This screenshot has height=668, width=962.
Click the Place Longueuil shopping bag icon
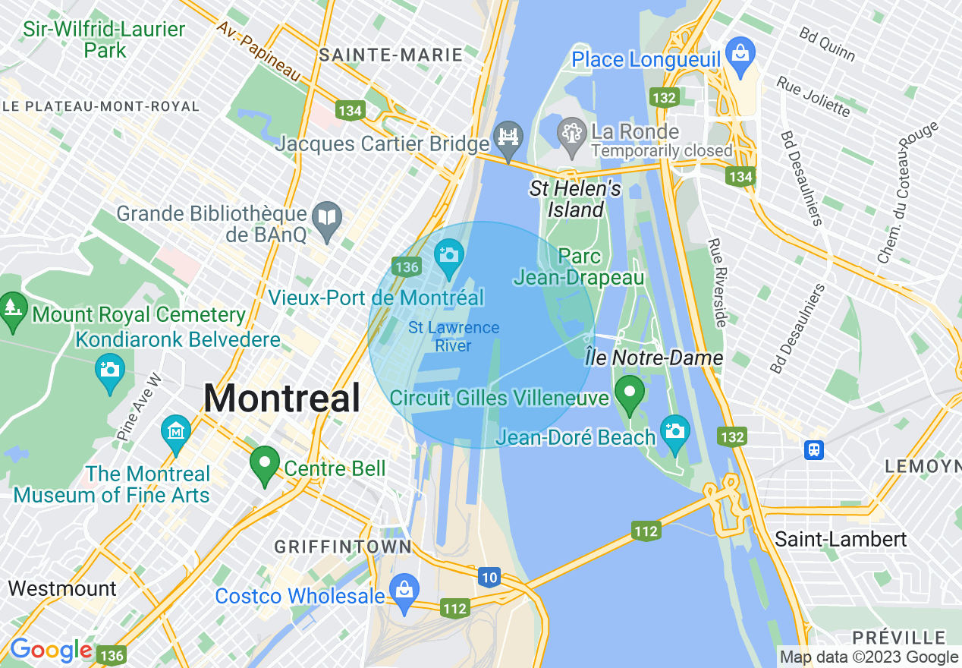coord(739,53)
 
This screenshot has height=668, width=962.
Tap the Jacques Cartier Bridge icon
coord(508,137)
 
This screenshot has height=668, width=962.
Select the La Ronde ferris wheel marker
coord(570,132)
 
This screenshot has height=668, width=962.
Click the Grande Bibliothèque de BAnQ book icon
coord(327,218)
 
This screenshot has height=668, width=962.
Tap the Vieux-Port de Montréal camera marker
coord(448,255)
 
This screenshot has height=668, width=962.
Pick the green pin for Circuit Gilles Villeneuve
coord(629,392)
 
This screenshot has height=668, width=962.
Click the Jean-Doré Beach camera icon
coord(674,431)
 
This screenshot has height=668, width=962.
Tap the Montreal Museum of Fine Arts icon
coord(176,431)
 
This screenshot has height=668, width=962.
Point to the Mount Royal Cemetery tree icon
coord(13,308)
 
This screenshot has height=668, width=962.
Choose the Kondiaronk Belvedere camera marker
coord(110,370)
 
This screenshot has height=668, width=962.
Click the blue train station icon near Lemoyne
coord(815,449)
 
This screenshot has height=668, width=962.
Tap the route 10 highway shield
coord(489,578)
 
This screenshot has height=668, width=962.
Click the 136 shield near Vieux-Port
coord(407,266)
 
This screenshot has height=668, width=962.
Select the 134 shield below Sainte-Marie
coord(350,111)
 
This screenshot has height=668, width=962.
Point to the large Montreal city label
coord(281,399)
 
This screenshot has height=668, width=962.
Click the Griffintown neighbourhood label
coord(342,547)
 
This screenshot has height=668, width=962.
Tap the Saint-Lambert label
coord(841,540)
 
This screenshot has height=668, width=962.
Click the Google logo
coord(51,651)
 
